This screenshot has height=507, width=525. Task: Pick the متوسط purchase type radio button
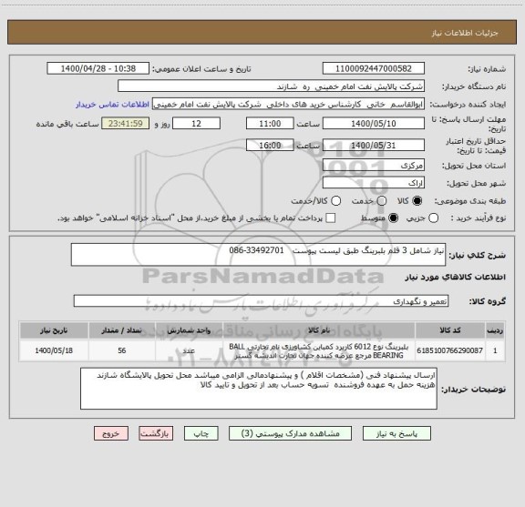pyautogui.click(x=394, y=218)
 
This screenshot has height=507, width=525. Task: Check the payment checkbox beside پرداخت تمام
pyautogui.click(x=331, y=218)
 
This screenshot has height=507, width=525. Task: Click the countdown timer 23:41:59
pyautogui.click(x=136, y=123)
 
